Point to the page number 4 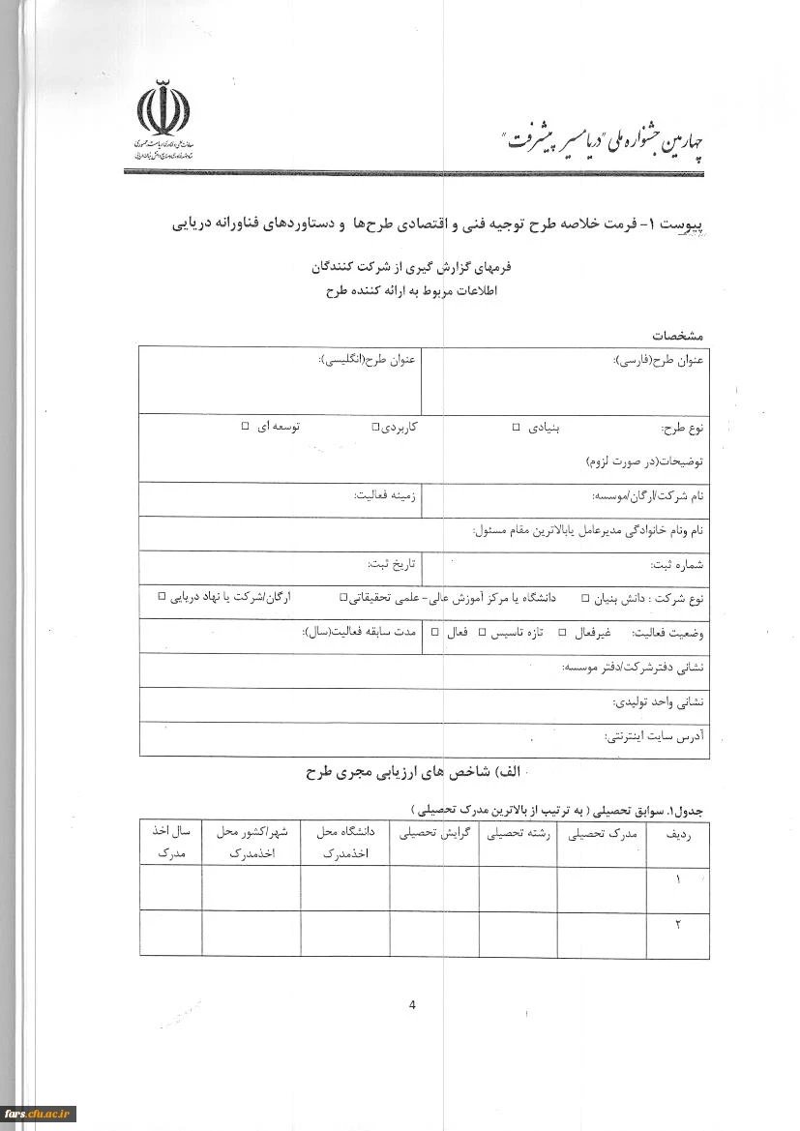[x=412, y=1004]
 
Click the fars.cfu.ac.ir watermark [x=39, y=1114]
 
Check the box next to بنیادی [x=516, y=427]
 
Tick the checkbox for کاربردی [x=375, y=427]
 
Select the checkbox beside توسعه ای [x=245, y=427]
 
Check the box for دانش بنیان [x=584, y=599]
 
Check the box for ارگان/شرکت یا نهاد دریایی [x=163, y=598]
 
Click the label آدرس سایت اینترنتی [x=655, y=737]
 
